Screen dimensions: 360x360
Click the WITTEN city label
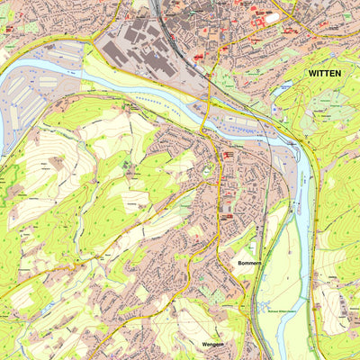(325, 73)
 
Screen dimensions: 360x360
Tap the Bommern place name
(249, 263)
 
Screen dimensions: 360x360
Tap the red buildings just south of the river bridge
(227, 156)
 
